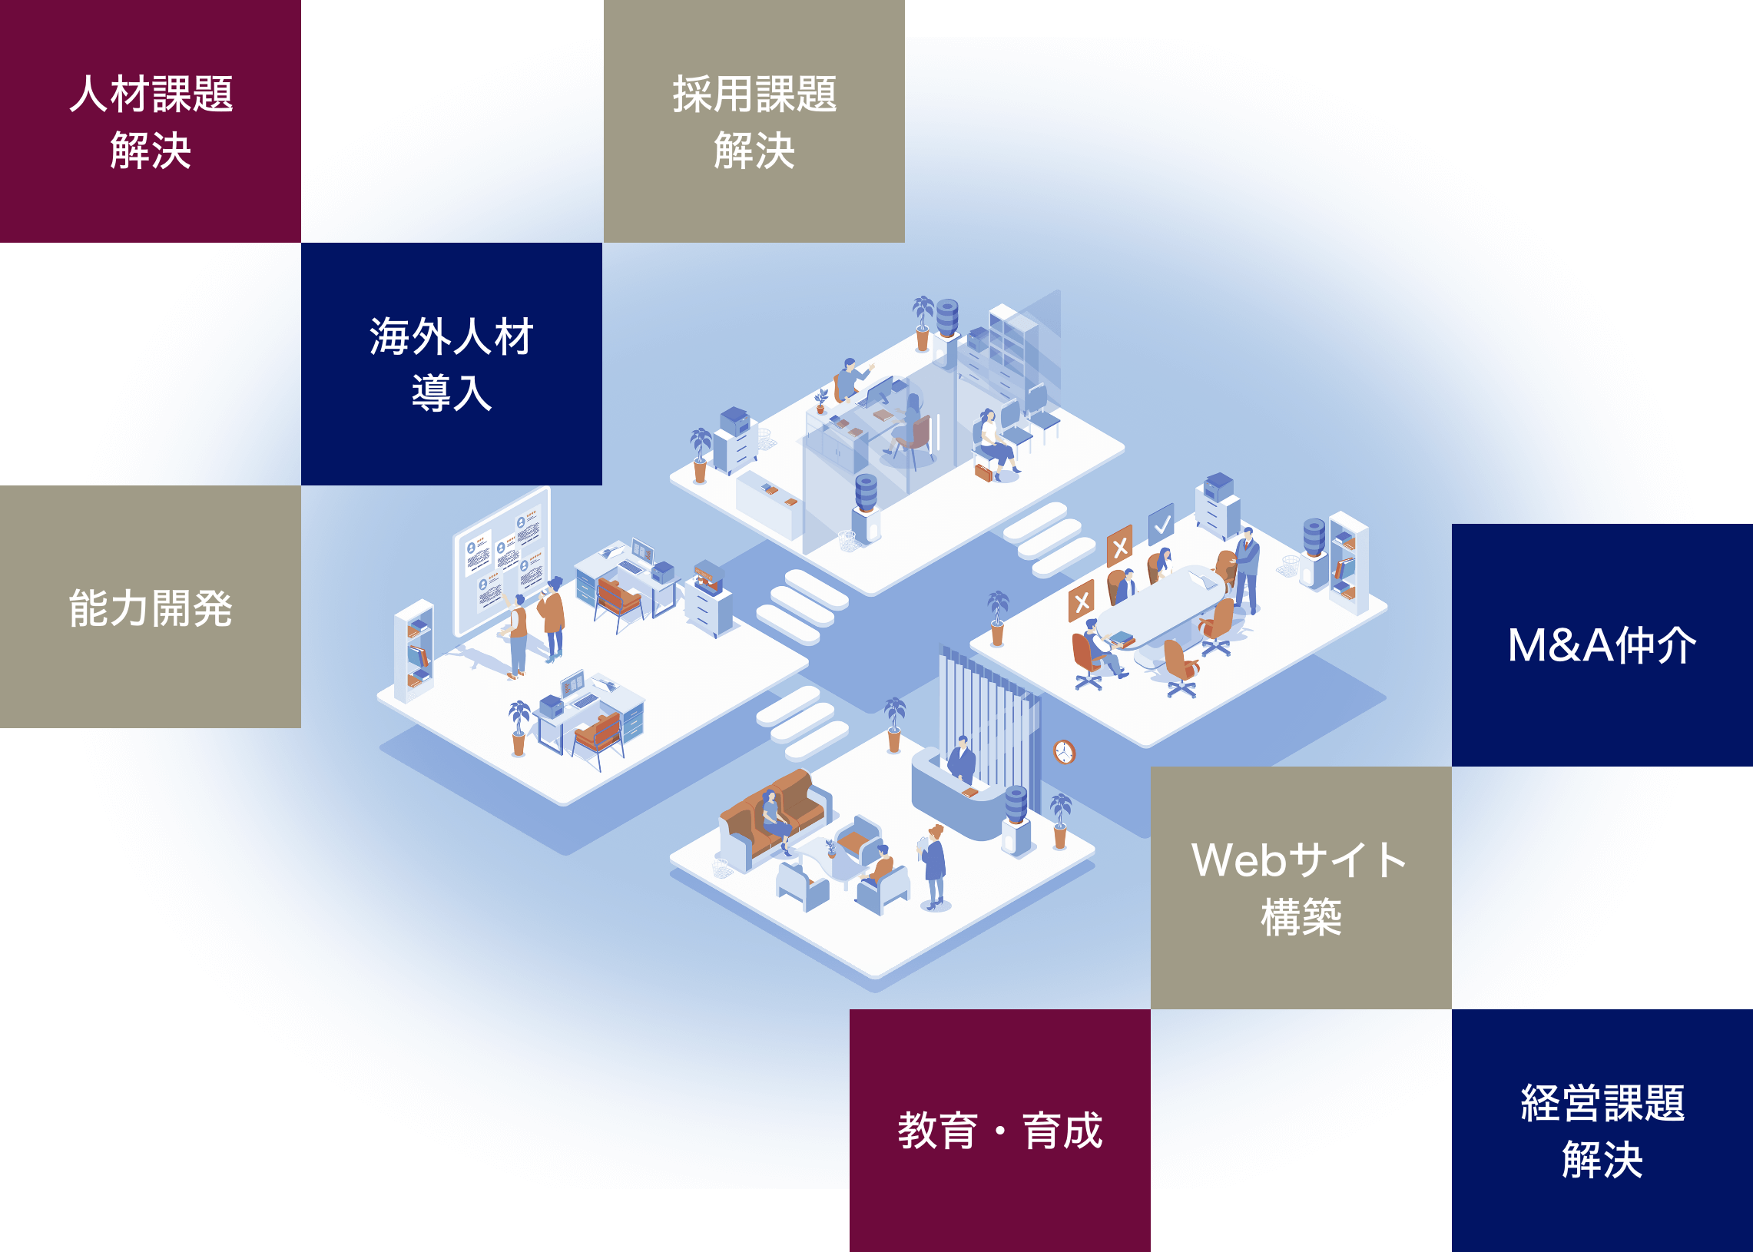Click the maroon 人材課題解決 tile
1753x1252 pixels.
coord(151,121)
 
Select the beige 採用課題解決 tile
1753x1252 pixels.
coord(753,121)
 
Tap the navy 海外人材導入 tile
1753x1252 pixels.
coord(451,364)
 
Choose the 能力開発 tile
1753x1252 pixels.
coord(151,607)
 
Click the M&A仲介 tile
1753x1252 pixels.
coord(1601,644)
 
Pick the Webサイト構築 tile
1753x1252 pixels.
coord(1301,887)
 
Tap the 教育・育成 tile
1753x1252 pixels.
coord(1000,1130)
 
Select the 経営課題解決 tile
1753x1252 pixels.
coord(1601,1130)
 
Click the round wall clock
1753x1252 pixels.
coord(1064,752)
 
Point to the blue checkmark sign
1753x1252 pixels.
coord(1161,525)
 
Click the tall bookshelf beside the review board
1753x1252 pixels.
coord(413,651)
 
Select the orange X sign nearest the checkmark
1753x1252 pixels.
coord(1119,547)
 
